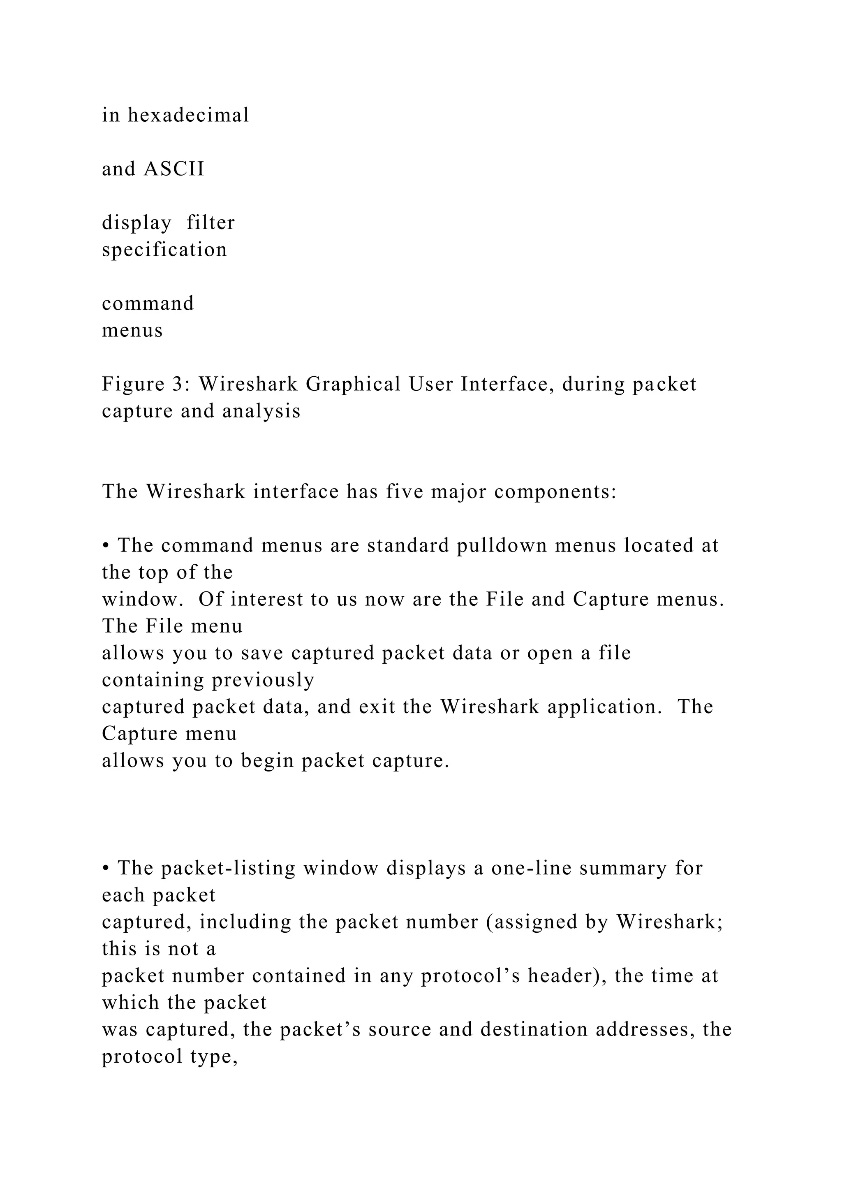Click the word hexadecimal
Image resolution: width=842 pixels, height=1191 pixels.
[x=188, y=115]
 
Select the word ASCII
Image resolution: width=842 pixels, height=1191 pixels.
[x=174, y=169]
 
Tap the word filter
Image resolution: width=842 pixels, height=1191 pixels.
[x=210, y=223]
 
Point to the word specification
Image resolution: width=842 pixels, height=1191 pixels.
[x=164, y=250]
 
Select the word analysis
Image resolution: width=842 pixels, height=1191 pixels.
[x=261, y=411]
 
